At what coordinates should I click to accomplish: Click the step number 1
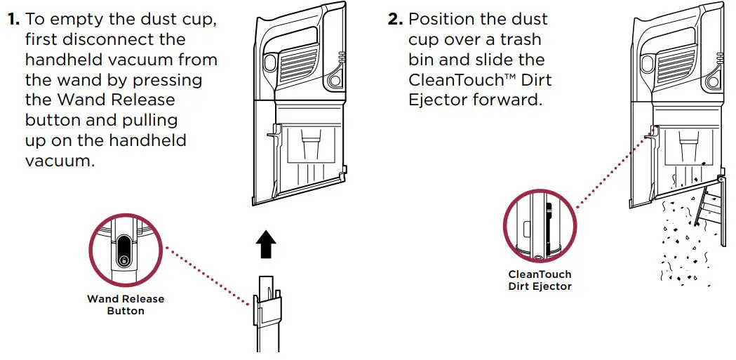(x=13, y=20)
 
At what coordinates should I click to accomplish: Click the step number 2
(x=395, y=20)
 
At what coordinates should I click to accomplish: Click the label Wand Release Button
(x=126, y=305)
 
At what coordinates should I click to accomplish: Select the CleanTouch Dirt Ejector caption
(x=540, y=280)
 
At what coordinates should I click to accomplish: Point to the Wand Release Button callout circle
(x=126, y=251)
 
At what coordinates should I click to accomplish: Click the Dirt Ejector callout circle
(x=540, y=225)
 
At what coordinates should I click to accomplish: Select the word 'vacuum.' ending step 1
(x=60, y=161)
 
